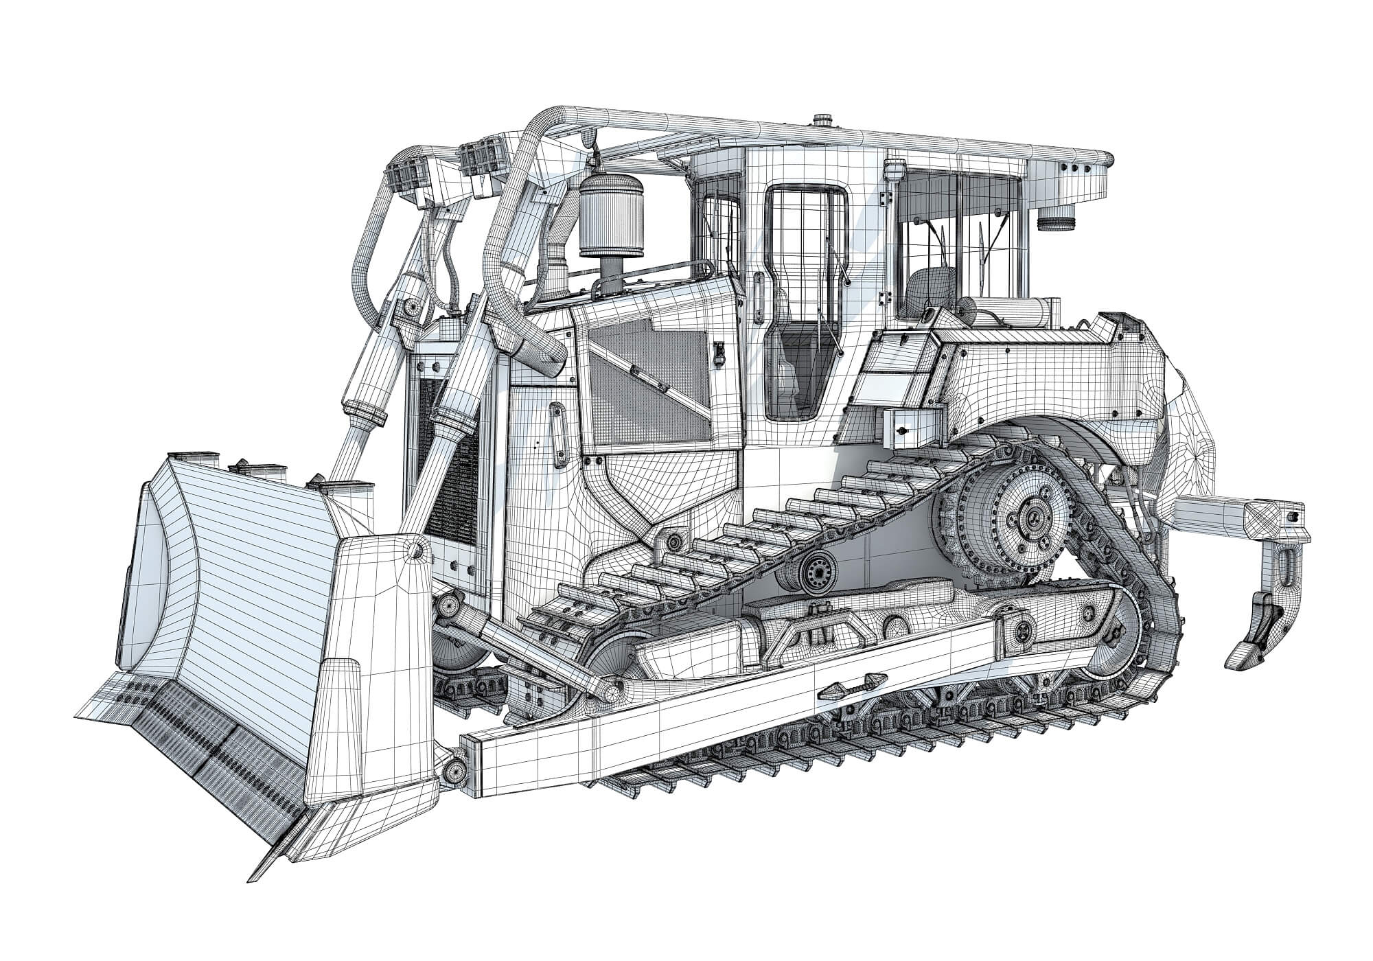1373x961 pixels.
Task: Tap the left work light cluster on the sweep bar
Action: tap(403, 176)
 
